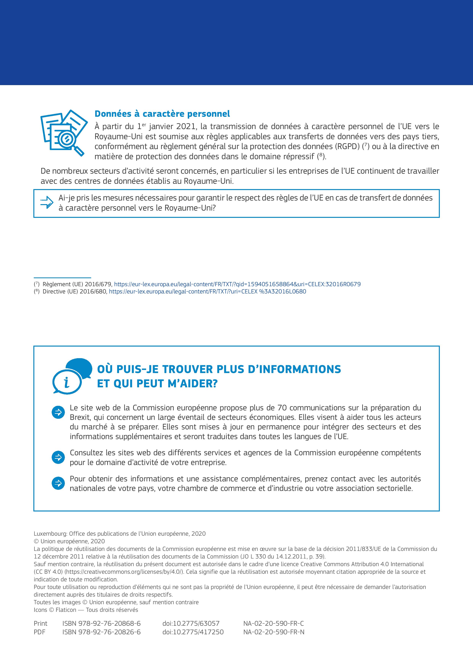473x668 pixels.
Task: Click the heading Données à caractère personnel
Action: click(162, 114)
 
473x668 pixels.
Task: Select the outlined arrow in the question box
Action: click(47, 202)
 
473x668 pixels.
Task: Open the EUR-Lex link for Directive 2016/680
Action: click(208, 292)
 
